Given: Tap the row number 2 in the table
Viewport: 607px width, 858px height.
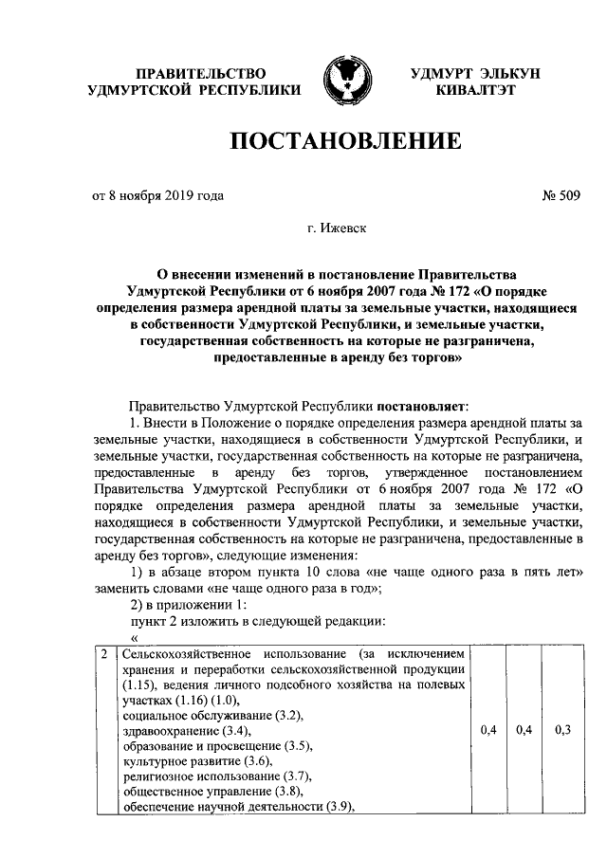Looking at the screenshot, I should [x=103, y=655].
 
